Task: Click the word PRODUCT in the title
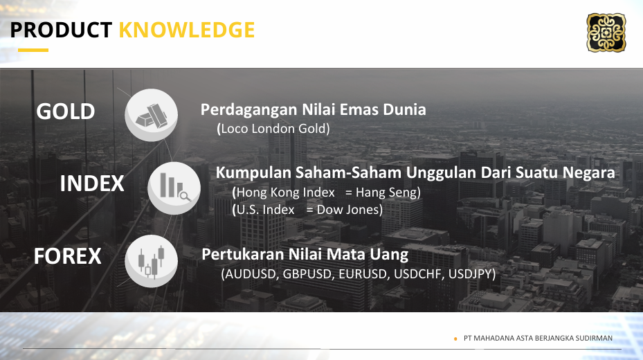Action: [61, 30]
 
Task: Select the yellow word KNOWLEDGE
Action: [187, 30]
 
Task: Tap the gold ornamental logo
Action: [606, 33]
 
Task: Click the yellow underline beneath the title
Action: [33, 50]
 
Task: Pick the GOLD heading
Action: [66, 111]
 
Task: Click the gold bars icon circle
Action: [152, 115]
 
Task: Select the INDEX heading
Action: [92, 183]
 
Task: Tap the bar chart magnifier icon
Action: [174, 188]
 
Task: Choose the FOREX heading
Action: [68, 256]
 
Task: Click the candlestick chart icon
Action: [152, 261]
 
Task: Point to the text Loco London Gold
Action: [273, 129]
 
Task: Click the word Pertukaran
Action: [243, 254]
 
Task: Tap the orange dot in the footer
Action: [455, 339]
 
